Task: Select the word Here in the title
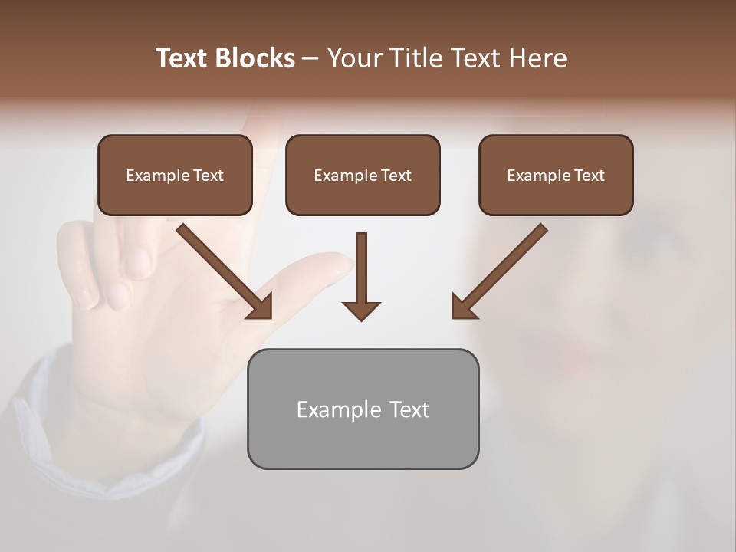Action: pyautogui.click(x=536, y=58)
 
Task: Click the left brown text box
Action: pyautogui.click(x=175, y=176)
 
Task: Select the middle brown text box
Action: pyautogui.click(x=363, y=176)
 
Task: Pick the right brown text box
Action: pyautogui.click(x=556, y=176)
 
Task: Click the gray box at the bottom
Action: pyautogui.click(x=363, y=409)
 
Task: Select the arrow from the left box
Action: pyautogui.click(x=222, y=269)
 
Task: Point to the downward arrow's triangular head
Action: pyautogui.click(x=361, y=310)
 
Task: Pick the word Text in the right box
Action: pyautogui.click(x=589, y=176)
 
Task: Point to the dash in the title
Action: pyautogui.click(x=310, y=58)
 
